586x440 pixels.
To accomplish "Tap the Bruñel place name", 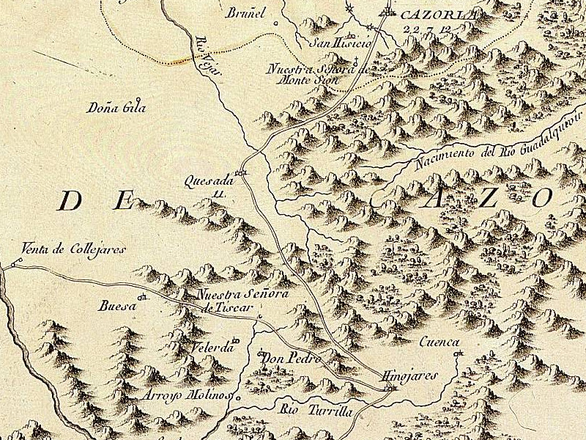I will pyautogui.click(x=245, y=12).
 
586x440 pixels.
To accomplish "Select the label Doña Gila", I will pyautogui.click(x=116, y=108).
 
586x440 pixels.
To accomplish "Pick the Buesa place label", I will pyautogui.click(x=118, y=307).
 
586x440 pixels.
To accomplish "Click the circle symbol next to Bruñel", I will pyautogui.click(x=275, y=23).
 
